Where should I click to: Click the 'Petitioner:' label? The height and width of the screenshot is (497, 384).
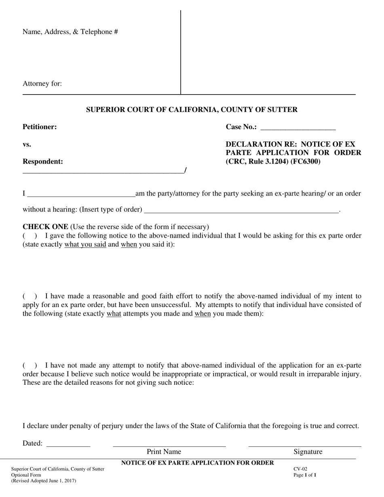tap(40, 127)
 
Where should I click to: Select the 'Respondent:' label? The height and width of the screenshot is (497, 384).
tap(43, 162)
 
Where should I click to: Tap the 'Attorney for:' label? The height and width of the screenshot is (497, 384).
tap(42, 84)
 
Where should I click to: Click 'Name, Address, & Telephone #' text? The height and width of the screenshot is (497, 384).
tap(70, 32)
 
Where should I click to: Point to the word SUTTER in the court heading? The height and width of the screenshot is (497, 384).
tap(283, 110)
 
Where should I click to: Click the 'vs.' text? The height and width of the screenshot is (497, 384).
tap(27, 144)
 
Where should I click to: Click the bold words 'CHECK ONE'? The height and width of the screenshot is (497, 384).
tap(45, 227)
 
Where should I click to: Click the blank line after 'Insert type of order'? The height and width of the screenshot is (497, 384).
tap(241, 210)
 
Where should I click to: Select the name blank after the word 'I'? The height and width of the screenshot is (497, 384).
tap(81, 194)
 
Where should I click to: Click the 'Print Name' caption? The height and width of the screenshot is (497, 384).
tap(164, 452)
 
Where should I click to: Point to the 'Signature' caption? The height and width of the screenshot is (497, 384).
tap(308, 452)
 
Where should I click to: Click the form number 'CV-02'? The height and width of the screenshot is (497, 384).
tap(300, 469)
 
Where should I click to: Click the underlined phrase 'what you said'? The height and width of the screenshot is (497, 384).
tap(85, 244)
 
